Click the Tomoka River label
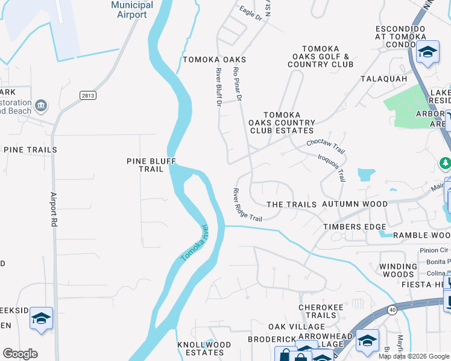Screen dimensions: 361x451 [194, 243]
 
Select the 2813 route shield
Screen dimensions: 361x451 [88, 95]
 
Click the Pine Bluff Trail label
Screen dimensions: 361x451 [145, 165]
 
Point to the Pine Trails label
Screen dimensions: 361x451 [30, 150]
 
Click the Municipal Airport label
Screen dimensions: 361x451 [132, 10]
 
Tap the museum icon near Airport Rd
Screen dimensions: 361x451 [42, 106]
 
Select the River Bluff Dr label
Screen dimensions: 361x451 [218, 87]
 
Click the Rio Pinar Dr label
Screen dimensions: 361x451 [238, 84]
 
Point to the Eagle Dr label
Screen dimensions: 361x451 [250, 14]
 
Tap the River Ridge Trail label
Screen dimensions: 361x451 [247, 205]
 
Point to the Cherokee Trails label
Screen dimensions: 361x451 [317, 311]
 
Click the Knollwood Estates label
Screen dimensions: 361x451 [204, 348]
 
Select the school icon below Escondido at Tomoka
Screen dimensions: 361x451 [427, 52]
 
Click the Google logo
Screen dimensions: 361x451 [20, 354]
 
